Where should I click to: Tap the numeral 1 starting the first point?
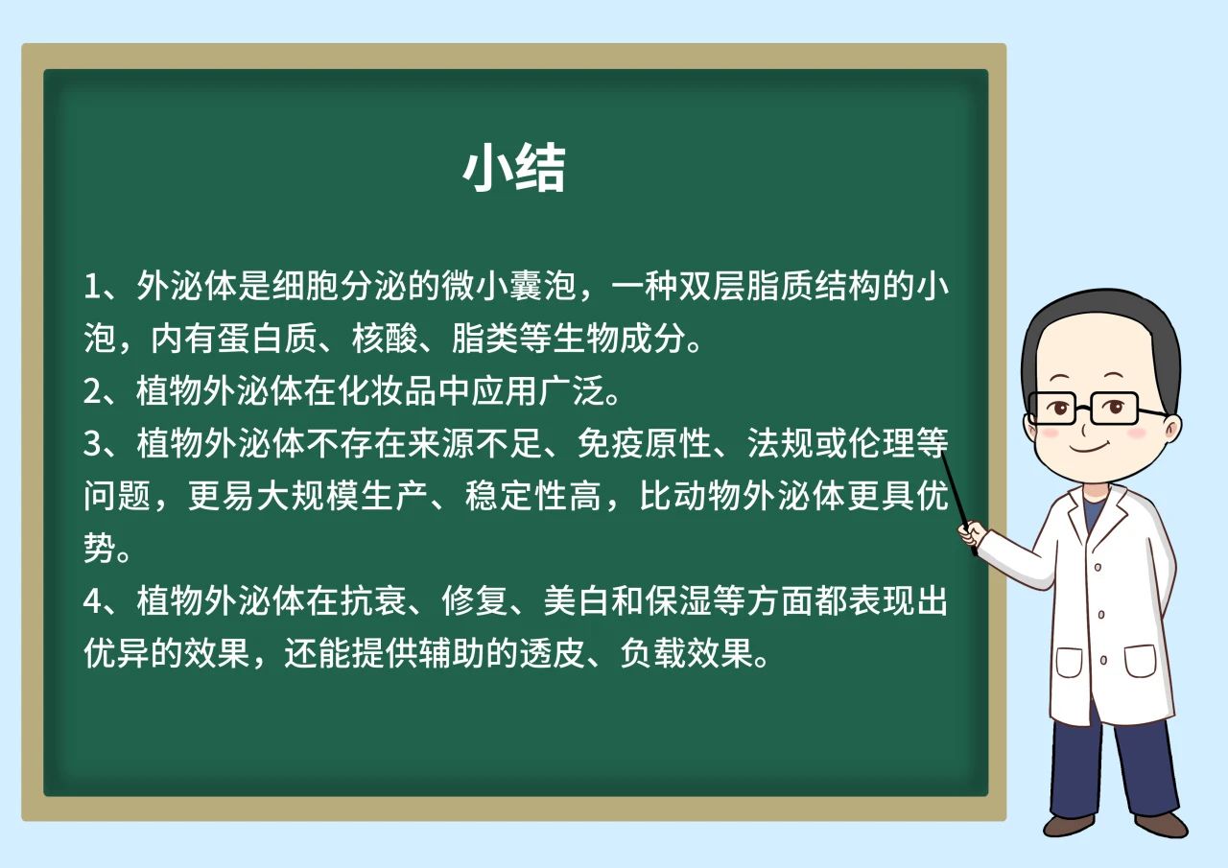point(91,287)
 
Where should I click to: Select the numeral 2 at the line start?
point(91,391)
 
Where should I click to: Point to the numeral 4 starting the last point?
point(92,600)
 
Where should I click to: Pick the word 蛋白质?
point(268,339)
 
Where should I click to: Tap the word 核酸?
point(385,339)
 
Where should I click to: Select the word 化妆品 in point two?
point(387,391)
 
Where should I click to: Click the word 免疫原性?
point(644,443)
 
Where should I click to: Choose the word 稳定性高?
point(532,496)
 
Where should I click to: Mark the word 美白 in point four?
point(577,600)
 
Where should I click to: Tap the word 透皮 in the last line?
point(553,653)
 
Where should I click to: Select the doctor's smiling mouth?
point(1089,448)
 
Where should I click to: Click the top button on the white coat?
point(1098,567)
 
